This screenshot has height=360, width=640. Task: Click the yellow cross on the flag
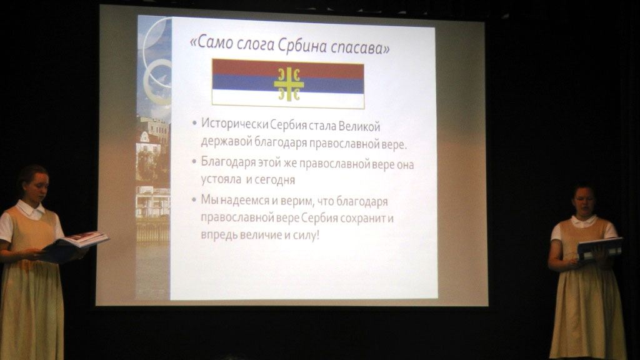tap(289, 84)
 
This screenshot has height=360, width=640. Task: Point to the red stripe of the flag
tap(287, 67)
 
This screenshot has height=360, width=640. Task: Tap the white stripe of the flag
tap(287, 99)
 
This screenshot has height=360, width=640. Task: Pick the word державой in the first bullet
tap(226, 141)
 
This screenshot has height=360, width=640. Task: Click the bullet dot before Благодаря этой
tap(194, 161)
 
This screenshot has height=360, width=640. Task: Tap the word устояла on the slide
tap(221, 179)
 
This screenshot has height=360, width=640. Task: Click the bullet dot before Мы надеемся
tap(194, 199)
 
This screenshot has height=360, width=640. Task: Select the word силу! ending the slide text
tap(306, 235)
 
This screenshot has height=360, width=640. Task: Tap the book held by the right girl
tap(599, 247)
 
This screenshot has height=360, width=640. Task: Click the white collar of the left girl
tap(30, 210)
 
